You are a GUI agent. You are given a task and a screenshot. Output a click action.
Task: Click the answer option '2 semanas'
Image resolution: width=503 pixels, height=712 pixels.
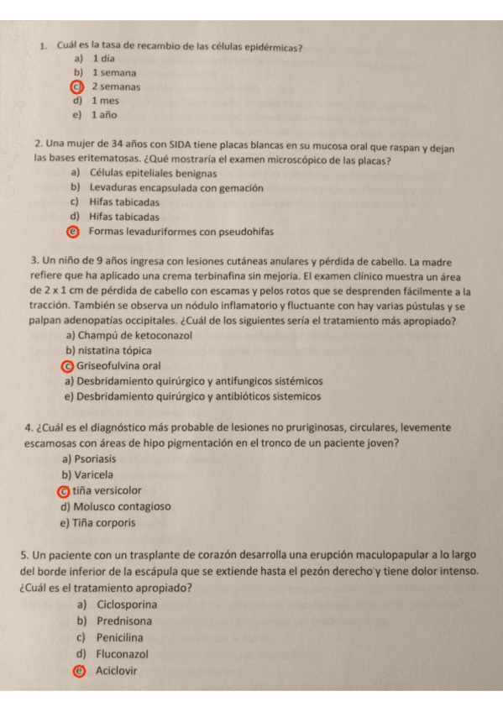pos(116,86)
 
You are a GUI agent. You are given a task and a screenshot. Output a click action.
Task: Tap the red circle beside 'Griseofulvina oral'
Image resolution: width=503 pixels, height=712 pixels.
pos(67,366)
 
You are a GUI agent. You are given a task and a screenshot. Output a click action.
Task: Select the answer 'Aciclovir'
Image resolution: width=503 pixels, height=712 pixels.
pos(117,670)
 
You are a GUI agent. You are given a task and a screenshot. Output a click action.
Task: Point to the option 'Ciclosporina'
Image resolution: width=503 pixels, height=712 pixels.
pos(128,605)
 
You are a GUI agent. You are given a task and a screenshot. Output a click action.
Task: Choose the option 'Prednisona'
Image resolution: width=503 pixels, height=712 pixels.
pos(124,621)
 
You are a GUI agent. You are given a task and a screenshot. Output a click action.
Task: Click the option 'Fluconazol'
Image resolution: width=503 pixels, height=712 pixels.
pos(123,653)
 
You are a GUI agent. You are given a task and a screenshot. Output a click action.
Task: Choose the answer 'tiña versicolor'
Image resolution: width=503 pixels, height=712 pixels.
pos(107,490)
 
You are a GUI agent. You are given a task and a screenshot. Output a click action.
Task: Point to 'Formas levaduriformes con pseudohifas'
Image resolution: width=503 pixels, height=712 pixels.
pos(181,232)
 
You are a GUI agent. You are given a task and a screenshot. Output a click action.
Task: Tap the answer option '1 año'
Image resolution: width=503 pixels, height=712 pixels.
pos(104,115)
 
